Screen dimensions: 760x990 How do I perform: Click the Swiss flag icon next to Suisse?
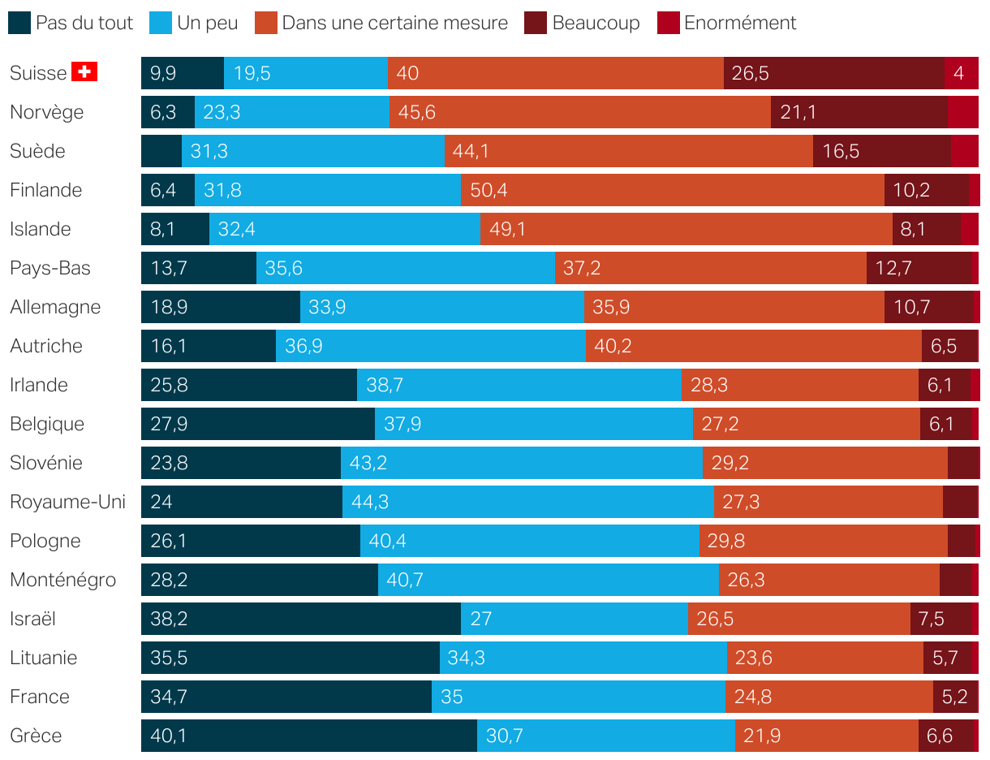tap(84, 72)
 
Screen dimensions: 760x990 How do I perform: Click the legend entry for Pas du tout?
tap(71, 23)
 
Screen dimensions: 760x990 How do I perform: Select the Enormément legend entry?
tap(727, 23)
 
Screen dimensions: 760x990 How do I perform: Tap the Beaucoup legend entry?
tap(583, 23)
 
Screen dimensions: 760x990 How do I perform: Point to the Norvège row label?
tap(46, 112)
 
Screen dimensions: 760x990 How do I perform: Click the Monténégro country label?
tap(62, 580)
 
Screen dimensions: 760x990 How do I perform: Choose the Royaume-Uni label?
tap(67, 502)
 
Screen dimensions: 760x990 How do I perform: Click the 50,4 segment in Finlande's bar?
tap(672, 190)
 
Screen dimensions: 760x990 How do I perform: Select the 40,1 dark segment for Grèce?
tap(308, 736)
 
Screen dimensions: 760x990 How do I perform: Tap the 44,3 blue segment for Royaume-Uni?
tap(527, 502)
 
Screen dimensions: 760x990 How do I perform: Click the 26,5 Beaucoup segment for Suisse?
tap(833, 73)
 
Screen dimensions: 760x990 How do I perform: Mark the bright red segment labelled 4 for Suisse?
tap(961, 73)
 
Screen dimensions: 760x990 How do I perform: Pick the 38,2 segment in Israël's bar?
tap(300, 619)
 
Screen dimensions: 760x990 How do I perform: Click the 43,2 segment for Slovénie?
tap(521, 463)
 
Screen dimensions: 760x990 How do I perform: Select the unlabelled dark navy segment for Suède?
tap(161, 151)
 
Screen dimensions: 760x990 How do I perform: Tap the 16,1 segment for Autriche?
tap(208, 346)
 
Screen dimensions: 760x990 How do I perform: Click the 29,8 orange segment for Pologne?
tap(823, 541)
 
